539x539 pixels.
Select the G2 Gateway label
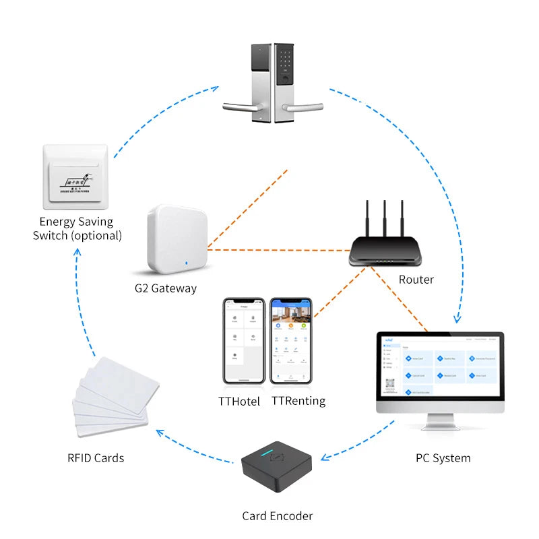click(165, 288)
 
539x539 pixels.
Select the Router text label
click(416, 280)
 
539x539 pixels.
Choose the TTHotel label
click(239, 402)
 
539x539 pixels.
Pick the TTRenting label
click(298, 401)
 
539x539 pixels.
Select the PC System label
click(443, 458)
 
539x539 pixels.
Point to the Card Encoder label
click(278, 516)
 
